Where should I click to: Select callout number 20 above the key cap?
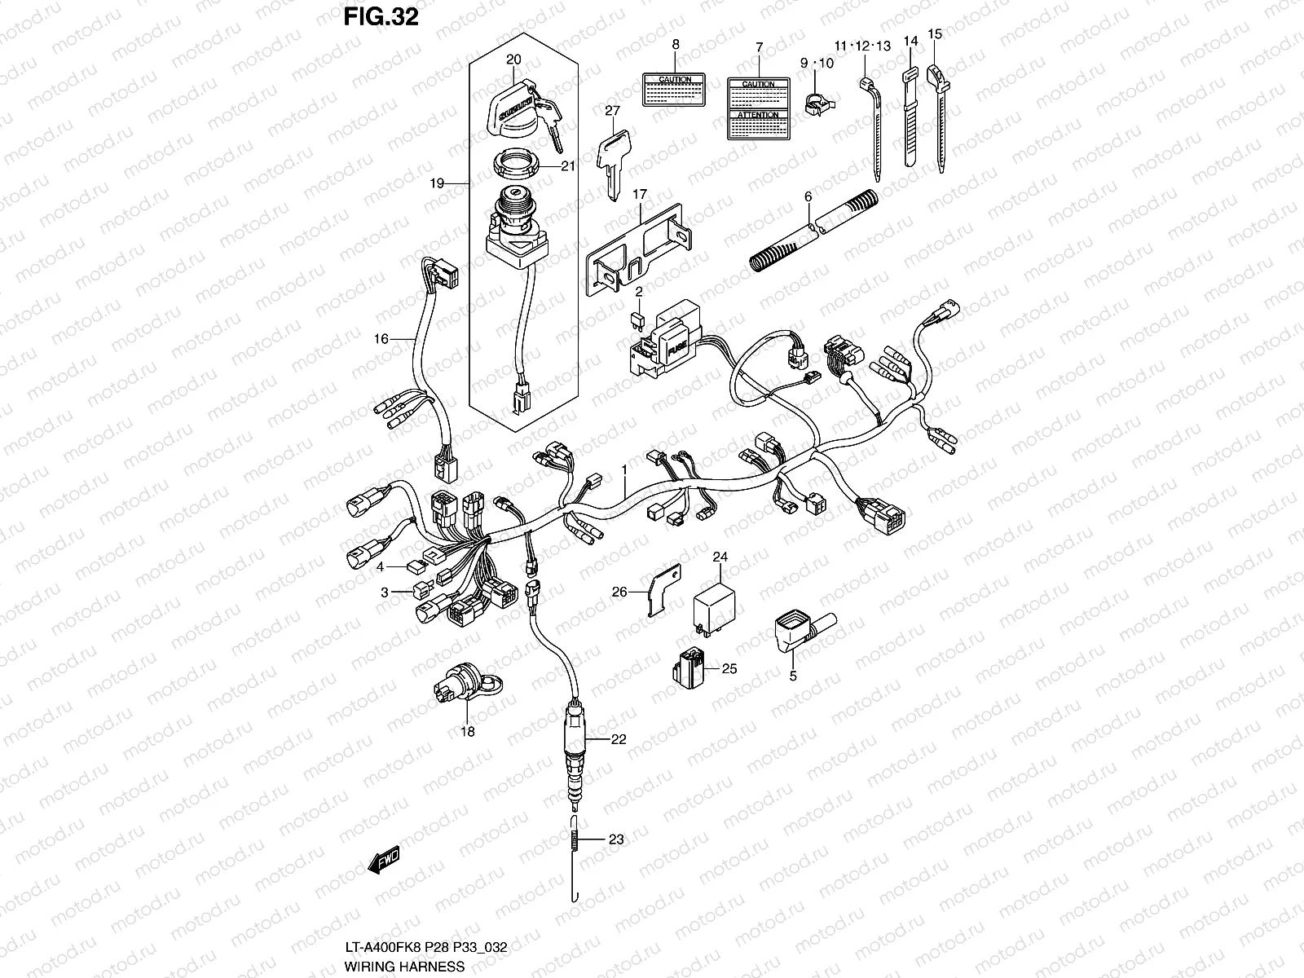point(513,59)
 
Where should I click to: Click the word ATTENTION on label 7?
point(759,116)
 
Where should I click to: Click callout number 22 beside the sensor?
point(618,739)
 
